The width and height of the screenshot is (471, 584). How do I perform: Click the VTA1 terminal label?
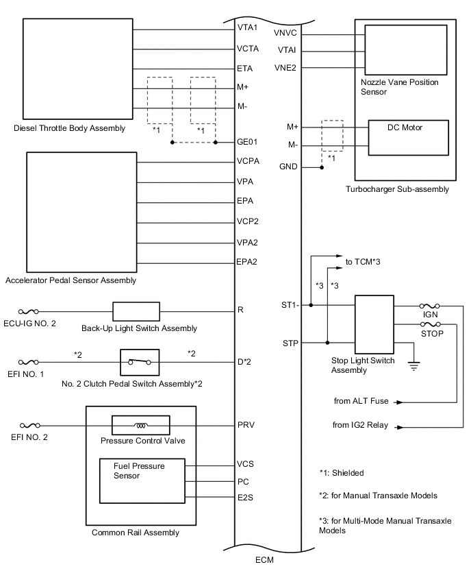(x=247, y=27)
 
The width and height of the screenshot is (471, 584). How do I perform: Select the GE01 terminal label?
(x=247, y=142)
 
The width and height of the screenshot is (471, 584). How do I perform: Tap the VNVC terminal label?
(x=285, y=33)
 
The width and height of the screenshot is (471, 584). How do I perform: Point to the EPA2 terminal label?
(x=246, y=262)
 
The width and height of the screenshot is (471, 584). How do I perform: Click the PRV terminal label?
(x=246, y=425)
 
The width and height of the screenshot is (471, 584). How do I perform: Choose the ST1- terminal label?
(x=290, y=305)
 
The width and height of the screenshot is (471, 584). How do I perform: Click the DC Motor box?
(x=408, y=138)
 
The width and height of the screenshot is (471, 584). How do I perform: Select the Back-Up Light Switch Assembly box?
(x=136, y=311)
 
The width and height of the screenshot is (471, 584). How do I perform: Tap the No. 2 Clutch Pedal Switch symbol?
(x=140, y=362)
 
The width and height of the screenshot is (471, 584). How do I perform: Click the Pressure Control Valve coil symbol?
(x=140, y=425)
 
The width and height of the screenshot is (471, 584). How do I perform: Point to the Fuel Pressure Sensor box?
(x=142, y=480)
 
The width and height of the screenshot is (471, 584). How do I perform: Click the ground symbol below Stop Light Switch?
(x=413, y=366)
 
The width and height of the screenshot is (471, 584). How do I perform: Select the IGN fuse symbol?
(x=430, y=306)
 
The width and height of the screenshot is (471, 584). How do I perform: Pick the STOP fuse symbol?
(x=431, y=324)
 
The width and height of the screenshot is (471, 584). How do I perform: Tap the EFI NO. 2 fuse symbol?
(x=29, y=426)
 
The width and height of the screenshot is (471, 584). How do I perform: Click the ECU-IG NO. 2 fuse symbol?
(x=28, y=311)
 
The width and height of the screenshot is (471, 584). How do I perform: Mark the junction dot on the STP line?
(x=327, y=343)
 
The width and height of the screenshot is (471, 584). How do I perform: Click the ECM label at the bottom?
(x=264, y=560)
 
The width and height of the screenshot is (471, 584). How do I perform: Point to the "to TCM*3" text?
(x=363, y=262)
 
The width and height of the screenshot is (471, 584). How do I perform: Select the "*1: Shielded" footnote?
(x=342, y=473)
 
